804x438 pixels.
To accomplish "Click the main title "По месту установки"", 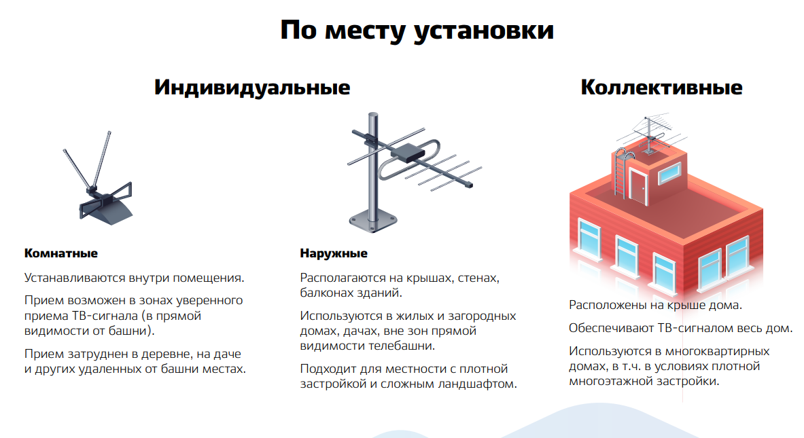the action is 417,31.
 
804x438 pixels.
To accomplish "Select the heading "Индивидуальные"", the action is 252,88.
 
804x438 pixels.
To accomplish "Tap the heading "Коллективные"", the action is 661,87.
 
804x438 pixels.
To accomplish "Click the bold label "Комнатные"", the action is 60,253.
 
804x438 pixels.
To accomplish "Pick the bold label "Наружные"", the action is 334,253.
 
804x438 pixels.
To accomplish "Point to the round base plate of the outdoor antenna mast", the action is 372,222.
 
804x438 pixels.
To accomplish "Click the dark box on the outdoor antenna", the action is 408,152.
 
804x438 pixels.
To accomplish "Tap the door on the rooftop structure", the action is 638,187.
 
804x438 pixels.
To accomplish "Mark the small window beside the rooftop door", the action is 669,173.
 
